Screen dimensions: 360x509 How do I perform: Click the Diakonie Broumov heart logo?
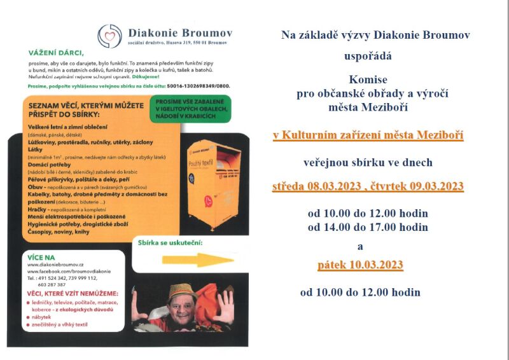pos(109,36)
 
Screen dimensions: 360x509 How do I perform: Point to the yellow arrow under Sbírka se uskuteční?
pos(189,260)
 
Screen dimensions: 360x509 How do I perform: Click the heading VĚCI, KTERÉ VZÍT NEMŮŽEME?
pos(73,293)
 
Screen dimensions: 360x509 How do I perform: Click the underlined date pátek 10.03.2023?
pos(361,265)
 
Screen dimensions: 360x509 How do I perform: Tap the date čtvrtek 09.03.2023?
pos(417,186)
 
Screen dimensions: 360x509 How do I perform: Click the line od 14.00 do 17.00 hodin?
pos(368,227)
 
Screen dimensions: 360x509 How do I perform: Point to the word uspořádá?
pos(368,56)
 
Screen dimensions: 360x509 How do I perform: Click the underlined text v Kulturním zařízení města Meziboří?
pos(368,135)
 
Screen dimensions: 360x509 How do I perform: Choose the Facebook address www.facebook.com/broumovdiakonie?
pos(69,272)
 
